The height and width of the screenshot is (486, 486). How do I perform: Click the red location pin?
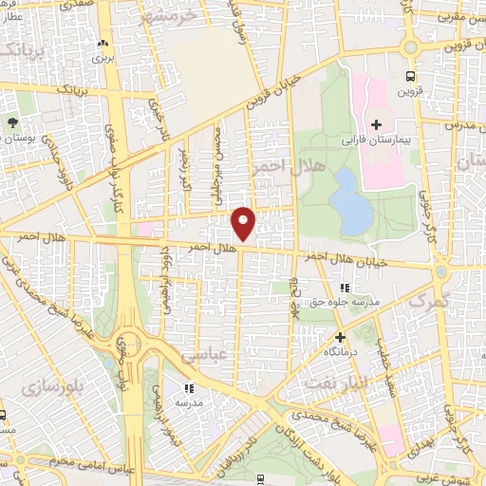pos(244,221)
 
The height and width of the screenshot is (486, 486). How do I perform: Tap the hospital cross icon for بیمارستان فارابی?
pos(375,124)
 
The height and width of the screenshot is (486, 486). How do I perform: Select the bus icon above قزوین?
pos(410,76)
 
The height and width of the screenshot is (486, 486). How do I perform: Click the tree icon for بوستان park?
pos(12,122)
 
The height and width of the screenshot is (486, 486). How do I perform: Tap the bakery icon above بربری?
pos(103,44)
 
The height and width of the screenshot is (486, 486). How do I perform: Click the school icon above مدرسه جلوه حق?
pos(345,287)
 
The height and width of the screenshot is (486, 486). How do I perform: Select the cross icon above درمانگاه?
pos(340,336)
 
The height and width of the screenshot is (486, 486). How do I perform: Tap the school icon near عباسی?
pos(189,387)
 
